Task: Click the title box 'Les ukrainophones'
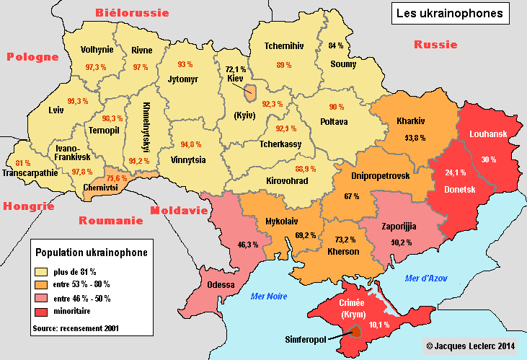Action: pos(451,14)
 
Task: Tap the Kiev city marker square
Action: pos(250,92)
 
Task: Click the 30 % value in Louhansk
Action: pos(489,159)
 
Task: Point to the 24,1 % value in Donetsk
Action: pos(454,173)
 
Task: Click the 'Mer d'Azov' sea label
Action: pos(425,278)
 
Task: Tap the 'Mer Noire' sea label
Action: pos(268,297)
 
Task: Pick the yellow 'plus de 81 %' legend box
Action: pos(42,271)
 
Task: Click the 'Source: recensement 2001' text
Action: pos(76,328)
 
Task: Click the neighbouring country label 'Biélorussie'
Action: pos(132,13)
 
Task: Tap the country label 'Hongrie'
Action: pos(29,206)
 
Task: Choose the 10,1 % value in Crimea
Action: pos(379,325)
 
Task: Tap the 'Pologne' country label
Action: pos(32,57)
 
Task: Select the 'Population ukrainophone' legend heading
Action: pos(92,253)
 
